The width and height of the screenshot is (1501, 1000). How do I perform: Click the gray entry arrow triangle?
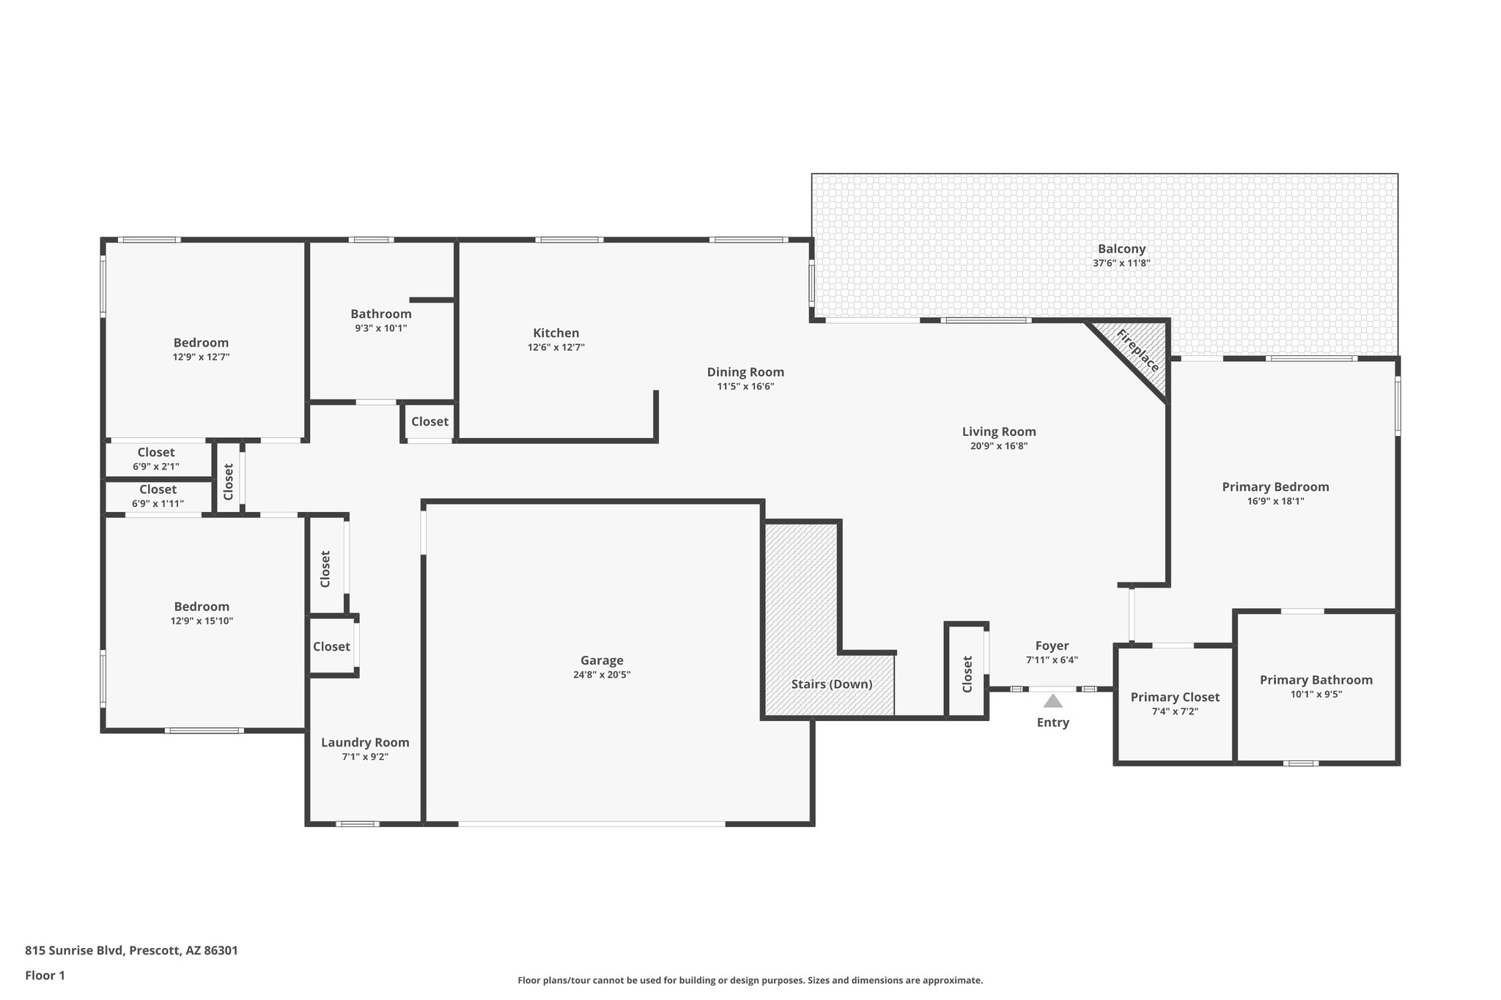(x=1052, y=701)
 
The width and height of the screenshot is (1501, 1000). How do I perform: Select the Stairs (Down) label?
(x=831, y=684)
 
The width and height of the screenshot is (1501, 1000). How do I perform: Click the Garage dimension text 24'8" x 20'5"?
(x=601, y=675)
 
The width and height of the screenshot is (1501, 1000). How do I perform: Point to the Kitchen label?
(x=556, y=333)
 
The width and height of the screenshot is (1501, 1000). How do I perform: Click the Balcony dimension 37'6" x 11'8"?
(x=1121, y=263)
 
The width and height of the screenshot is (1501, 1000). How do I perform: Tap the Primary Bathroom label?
(x=1316, y=680)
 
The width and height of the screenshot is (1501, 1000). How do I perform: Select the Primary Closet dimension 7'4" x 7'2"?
(x=1174, y=711)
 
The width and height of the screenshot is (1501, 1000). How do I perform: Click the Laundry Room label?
(x=365, y=742)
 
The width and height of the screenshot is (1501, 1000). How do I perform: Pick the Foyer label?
(x=1052, y=645)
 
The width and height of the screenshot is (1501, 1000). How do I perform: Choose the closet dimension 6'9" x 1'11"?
(x=158, y=504)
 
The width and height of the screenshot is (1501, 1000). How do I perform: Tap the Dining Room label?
(x=745, y=372)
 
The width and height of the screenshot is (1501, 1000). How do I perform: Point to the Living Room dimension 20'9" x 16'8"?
(x=999, y=446)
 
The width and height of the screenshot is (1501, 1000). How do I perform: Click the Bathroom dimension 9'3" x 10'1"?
(x=380, y=328)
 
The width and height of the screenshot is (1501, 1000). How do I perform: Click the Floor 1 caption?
(x=45, y=975)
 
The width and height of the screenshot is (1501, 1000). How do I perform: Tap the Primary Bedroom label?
(x=1275, y=487)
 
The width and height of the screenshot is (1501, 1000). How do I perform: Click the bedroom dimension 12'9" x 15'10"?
(x=202, y=621)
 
